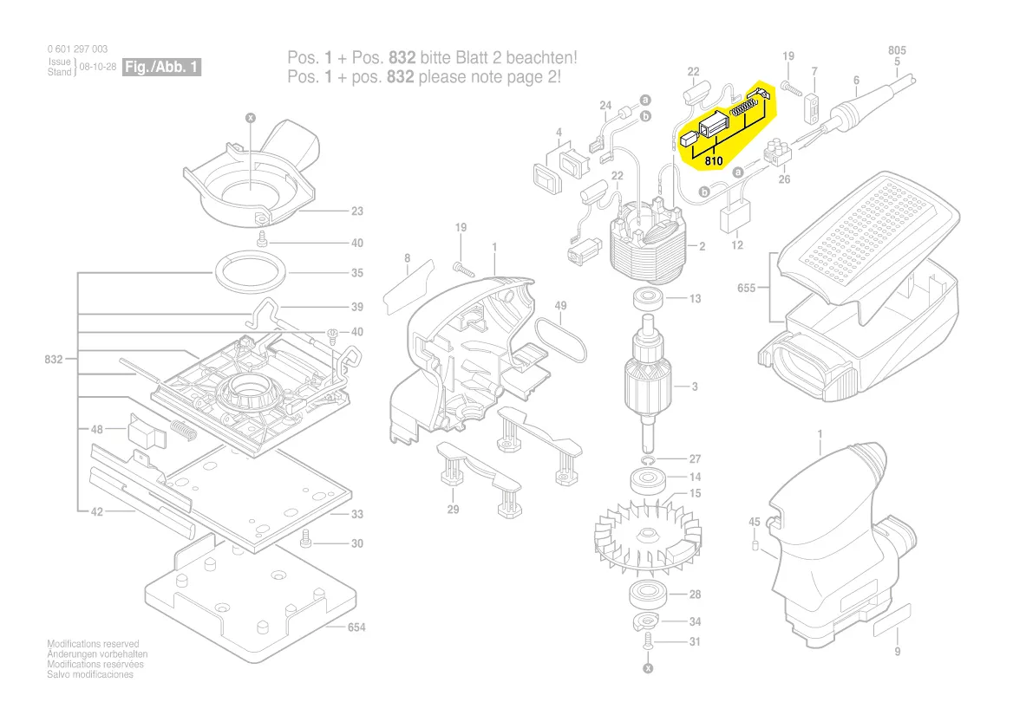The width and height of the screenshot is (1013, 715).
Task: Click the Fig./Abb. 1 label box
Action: click(162, 67)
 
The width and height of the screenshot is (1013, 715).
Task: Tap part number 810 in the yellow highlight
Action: click(714, 161)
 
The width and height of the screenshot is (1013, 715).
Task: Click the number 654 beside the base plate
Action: click(356, 627)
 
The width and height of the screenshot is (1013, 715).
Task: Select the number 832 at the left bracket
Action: click(53, 359)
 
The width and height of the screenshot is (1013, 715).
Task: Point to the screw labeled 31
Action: click(647, 642)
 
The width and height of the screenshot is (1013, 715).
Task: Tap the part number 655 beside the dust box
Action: click(747, 288)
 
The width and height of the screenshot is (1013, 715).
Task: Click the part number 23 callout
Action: click(356, 211)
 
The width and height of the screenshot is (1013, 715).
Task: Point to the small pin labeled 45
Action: click(755, 546)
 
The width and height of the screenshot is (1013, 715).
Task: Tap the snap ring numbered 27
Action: click(648, 459)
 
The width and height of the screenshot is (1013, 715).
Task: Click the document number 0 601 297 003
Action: click(78, 49)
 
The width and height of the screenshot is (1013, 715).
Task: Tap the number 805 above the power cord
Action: click(897, 51)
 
